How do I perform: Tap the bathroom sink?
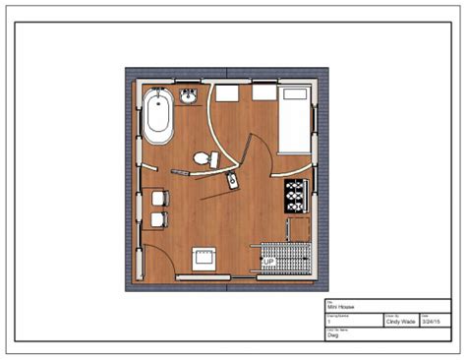coord(191,94)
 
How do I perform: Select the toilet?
coord(203,157)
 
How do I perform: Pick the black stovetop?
coord(296,196)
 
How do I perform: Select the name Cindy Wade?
coord(390,321)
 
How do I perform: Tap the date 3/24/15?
coord(430,321)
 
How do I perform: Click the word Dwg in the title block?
coord(333,334)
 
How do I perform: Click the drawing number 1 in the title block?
coord(329,321)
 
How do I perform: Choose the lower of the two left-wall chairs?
coord(158,217)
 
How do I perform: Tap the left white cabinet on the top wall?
coord(227,92)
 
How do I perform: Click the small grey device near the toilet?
coord(231,181)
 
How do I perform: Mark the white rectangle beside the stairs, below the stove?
coord(299,230)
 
